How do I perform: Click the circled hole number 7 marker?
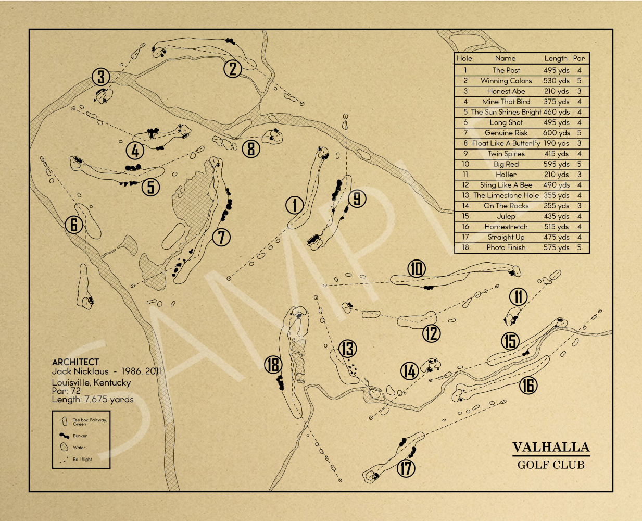[x=221, y=237]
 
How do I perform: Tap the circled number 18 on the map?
[x=273, y=365]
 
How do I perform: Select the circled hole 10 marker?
[x=416, y=269]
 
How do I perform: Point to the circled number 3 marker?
[x=101, y=77]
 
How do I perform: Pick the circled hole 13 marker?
[x=347, y=349]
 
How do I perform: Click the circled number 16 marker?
[x=528, y=386]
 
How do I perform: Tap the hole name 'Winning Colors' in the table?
[x=506, y=81]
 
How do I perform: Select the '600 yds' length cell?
[x=556, y=133]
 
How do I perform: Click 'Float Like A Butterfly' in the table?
[x=506, y=143]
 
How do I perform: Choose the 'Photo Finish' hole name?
[x=506, y=247]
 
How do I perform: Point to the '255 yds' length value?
[x=556, y=206]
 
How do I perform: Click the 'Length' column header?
[x=556, y=58]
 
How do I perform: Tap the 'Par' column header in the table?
[x=579, y=58]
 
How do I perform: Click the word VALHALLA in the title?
[x=551, y=448]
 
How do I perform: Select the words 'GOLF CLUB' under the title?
[x=551, y=465]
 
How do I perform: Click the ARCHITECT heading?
[x=75, y=362]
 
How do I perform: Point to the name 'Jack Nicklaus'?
[x=80, y=371]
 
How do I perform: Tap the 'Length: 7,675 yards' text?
[x=93, y=399]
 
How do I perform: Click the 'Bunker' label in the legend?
[x=80, y=436]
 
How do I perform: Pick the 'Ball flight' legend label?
[x=82, y=460]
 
